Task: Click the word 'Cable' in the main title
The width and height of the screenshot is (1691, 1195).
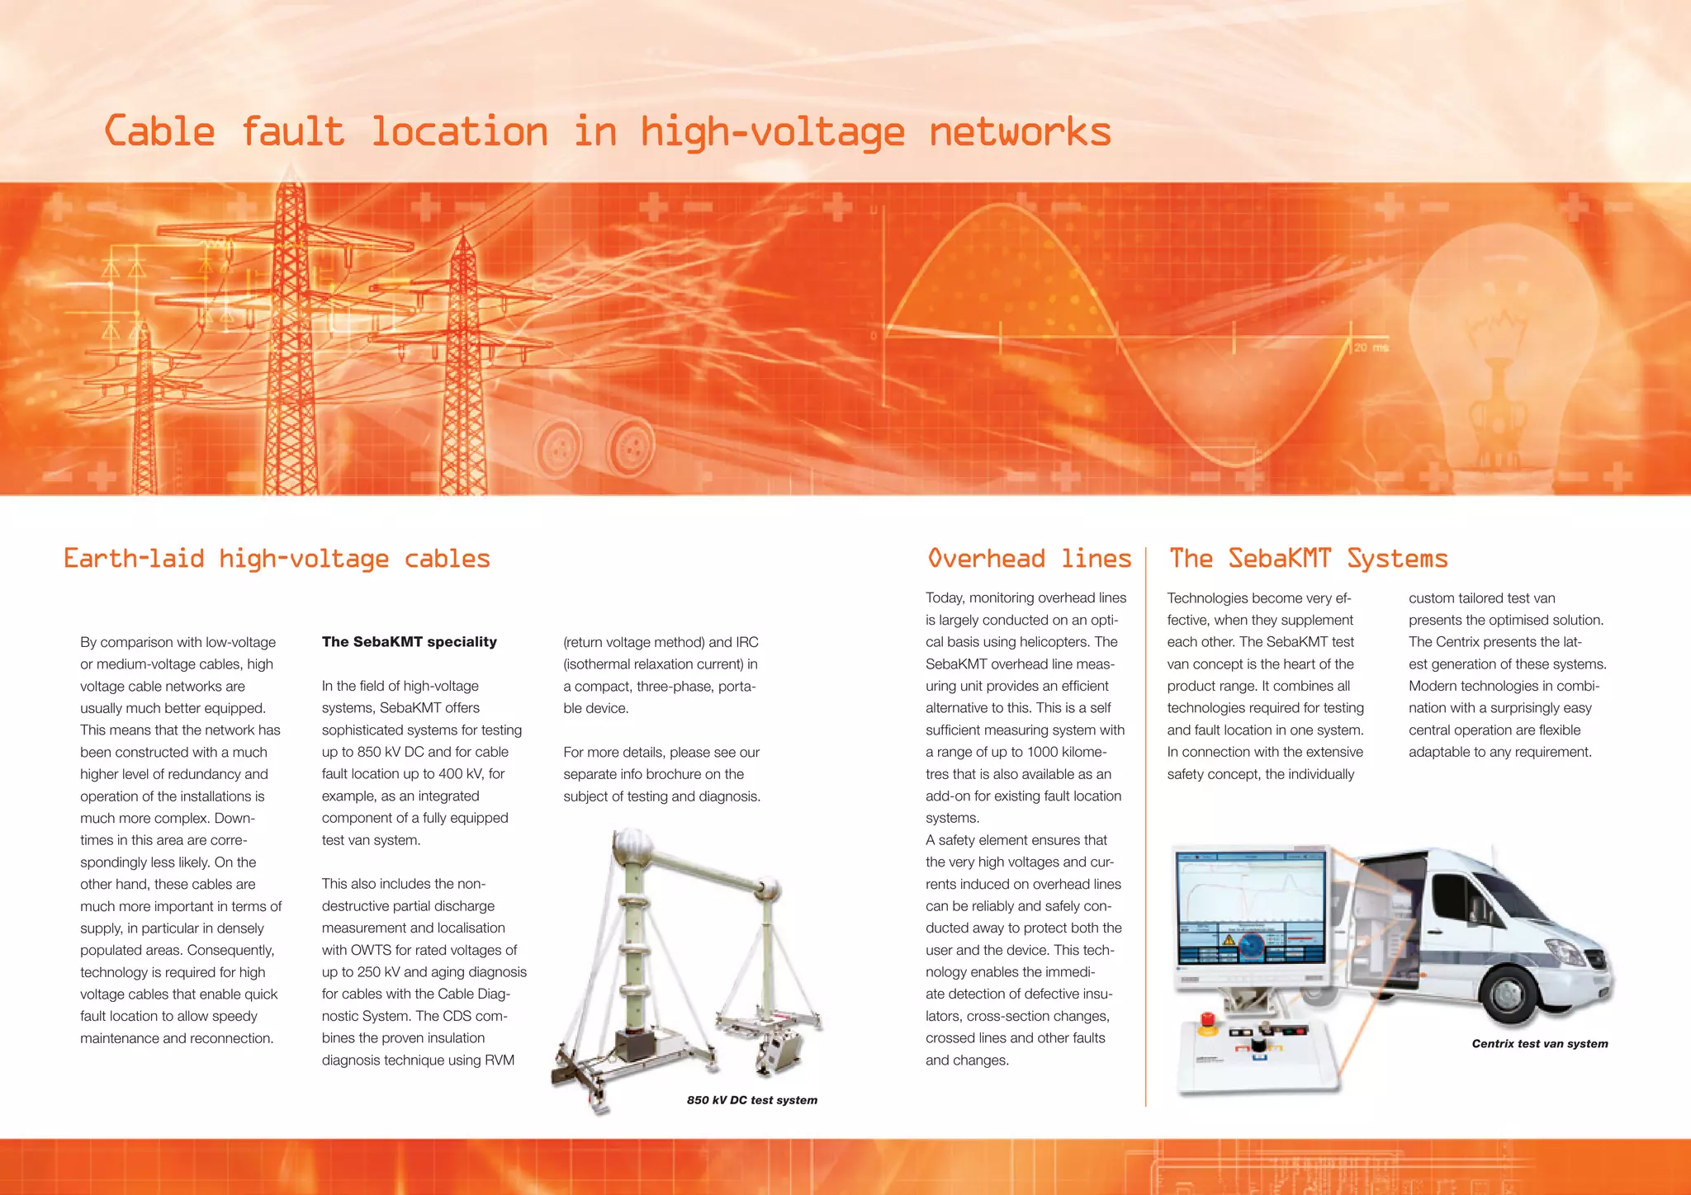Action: tap(160, 132)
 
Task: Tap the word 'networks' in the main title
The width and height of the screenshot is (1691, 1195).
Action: tap(1020, 132)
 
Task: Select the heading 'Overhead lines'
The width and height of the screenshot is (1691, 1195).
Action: tap(1029, 559)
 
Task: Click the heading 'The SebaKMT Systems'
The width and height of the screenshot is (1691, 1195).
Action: tap(1308, 559)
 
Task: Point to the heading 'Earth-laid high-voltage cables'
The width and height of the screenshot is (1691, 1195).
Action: tap(277, 559)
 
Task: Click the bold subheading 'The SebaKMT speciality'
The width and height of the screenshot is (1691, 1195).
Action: tap(409, 642)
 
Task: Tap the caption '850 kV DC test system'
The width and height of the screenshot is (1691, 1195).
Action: tap(751, 1100)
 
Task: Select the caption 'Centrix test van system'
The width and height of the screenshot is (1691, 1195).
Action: tap(1539, 1044)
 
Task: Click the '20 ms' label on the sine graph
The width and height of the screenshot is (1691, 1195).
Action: tap(1371, 347)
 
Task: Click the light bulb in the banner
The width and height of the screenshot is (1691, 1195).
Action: tap(1494, 330)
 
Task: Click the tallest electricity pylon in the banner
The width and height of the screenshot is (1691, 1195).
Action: tap(289, 330)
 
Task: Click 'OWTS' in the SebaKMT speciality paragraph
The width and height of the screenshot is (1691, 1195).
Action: tap(371, 950)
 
